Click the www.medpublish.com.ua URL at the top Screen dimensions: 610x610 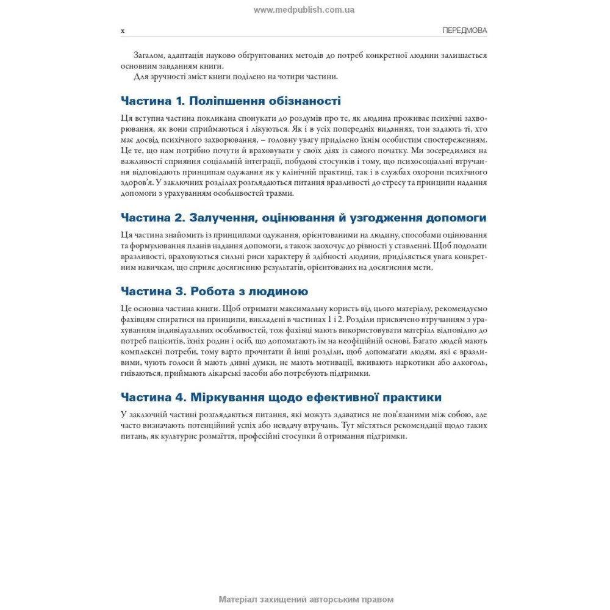304,10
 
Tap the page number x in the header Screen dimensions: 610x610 123,30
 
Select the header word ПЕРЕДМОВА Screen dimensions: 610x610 464,30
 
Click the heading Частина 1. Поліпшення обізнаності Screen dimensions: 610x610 231,101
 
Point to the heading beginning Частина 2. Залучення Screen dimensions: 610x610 303,218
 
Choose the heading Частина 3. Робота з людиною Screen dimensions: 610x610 214,291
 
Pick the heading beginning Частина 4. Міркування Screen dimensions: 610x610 281,397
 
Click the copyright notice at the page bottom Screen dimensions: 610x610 306,599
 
